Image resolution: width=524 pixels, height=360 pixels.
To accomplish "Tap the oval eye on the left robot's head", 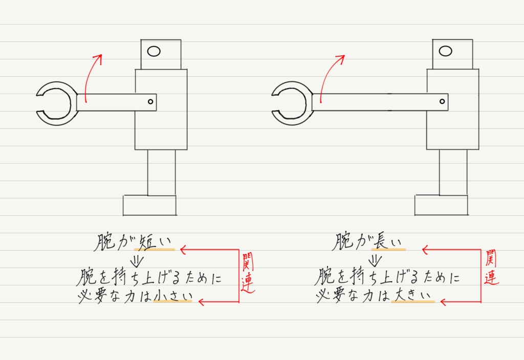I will pos(154,51).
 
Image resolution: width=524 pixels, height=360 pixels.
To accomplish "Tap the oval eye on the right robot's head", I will pos(445,51).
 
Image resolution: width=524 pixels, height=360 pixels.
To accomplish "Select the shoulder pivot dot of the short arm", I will pos(150,102).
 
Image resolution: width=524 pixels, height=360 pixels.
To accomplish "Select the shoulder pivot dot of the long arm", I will pos(443,102).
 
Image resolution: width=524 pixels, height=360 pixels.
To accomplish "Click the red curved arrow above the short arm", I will pos(91,77).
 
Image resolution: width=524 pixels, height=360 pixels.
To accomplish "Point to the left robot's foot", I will pos(149,205).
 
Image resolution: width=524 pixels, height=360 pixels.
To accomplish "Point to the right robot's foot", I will pos(441,205).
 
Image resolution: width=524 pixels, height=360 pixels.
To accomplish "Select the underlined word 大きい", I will pos(412,295).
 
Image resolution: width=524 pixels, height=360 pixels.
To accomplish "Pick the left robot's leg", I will pos(161,172).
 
